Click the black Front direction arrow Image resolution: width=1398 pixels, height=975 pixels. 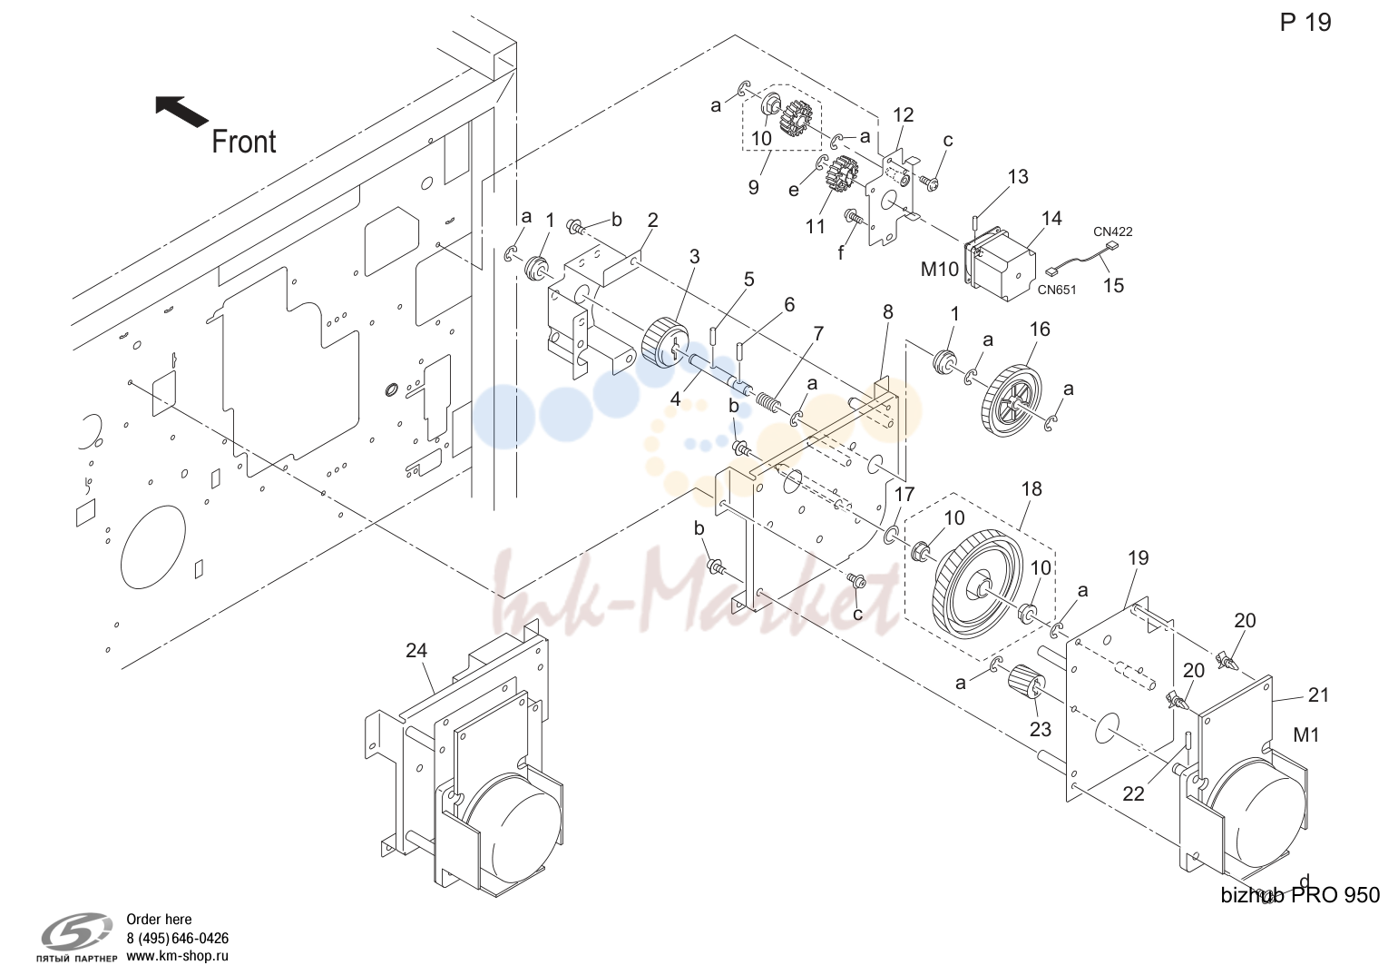coord(181,111)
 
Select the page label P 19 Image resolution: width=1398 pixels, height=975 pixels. coord(1305,23)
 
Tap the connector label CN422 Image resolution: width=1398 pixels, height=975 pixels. coord(1113,231)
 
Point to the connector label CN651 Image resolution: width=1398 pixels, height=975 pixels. coord(1057,290)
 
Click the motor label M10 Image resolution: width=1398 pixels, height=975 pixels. coord(939,270)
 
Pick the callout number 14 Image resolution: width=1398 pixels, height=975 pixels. coord(1051,218)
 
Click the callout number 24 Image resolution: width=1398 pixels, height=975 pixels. coord(416,650)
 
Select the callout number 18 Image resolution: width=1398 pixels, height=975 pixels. coord(1031,488)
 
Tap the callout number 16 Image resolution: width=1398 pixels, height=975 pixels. coord(1040,330)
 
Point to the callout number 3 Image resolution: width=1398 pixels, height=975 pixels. coord(695,256)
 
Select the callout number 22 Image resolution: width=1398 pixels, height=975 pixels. coord(1133,793)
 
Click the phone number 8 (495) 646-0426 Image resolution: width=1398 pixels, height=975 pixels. coord(177,938)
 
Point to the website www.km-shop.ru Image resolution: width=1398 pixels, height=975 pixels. coord(177,956)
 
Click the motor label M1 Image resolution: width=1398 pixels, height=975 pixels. coord(1306,735)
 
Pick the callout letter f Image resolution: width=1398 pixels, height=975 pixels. coord(841,253)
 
